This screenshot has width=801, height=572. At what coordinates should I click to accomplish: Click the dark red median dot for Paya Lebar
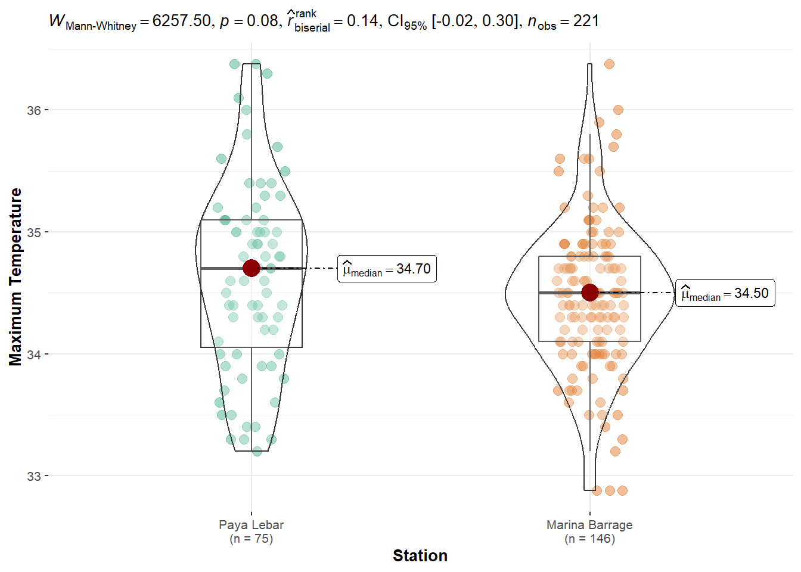pos(252,268)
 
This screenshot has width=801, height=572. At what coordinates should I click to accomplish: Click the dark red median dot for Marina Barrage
pos(590,293)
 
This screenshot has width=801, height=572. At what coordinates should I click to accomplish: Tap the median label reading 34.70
pos(387,269)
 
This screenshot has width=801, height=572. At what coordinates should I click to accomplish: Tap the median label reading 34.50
pos(725,293)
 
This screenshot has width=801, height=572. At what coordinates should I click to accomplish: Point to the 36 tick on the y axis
pos(34,110)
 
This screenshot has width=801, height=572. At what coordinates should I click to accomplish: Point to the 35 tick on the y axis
pos(34,232)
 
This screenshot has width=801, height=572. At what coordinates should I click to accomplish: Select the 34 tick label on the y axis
pos(34,355)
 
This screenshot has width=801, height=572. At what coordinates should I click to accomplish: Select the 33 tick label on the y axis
pos(34,477)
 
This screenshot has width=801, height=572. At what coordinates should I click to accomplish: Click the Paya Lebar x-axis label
pos(251,525)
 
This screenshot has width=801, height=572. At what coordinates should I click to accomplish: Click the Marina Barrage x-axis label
pos(589,525)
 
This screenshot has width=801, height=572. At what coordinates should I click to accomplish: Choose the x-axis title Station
pos(420,555)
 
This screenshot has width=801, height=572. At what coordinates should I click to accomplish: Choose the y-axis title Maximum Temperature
pos(16,276)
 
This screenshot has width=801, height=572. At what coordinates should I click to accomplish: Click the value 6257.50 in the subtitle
pos(181,21)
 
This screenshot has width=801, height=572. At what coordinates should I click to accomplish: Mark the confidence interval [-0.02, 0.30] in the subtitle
pos(475,21)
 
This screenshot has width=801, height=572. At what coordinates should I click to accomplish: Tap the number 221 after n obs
pos(586,21)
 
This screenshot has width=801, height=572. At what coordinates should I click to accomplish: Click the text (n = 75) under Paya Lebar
pos(251,539)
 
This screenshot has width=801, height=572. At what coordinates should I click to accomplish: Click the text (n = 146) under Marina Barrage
pos(589,539)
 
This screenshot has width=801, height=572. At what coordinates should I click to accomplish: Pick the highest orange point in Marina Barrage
pos(609,64)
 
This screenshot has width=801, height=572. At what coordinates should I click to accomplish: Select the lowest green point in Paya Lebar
pos(257,451)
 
